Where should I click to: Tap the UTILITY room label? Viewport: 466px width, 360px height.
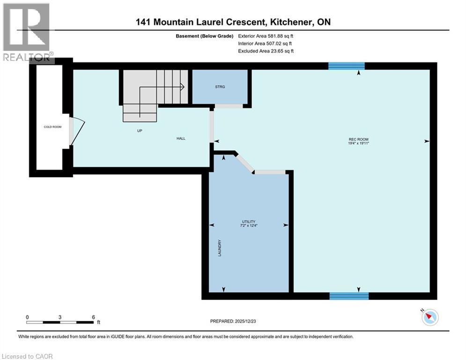click(249, 222)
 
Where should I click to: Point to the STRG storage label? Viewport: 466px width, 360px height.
click(220, 87)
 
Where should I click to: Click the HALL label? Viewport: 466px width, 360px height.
click(181, 138)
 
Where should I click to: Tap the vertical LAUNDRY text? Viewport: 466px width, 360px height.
click(219, 248)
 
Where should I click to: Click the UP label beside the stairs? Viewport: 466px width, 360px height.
click(139, 130)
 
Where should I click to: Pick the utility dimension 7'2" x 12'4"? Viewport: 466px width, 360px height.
click(249, 226)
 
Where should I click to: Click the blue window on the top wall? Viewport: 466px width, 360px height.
click(346, 66)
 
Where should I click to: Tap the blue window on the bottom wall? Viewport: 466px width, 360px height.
click(349, 296)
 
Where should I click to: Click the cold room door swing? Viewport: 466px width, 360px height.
click(76, 130)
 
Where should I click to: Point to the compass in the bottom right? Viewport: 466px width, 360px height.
click(429, 317)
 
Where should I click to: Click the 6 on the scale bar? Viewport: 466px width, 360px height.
click(94, 317)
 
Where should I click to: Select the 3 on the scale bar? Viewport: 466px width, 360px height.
click(60, 317)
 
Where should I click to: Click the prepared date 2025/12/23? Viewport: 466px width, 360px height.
click(249, 321)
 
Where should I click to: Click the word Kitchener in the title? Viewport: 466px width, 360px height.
click(289, 22)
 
